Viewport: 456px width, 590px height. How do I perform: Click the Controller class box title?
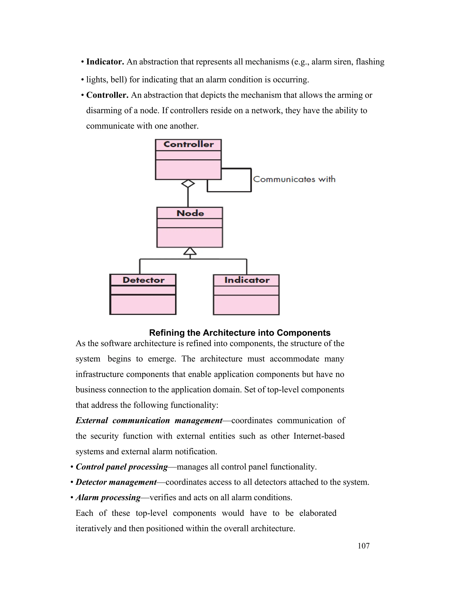point(189,144)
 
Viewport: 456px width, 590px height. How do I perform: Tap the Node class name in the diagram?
point(190,214)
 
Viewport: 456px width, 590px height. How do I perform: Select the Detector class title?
point(143,280)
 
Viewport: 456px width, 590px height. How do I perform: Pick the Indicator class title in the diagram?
point(247,280)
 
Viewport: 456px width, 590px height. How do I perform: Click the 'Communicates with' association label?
point(294,179)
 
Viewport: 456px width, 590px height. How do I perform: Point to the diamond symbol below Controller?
point(188,184)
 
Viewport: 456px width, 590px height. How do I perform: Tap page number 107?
point(363,546)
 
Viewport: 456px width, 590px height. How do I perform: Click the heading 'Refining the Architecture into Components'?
point(240,333)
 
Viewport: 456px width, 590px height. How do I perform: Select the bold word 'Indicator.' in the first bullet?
point(105,62)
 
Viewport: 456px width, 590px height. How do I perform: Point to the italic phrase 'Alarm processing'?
point(108,497)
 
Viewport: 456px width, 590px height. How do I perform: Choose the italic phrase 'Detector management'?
point(116,482)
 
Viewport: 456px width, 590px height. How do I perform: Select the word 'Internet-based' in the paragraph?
point(319,436)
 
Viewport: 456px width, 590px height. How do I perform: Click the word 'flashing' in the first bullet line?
point(370,62)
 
